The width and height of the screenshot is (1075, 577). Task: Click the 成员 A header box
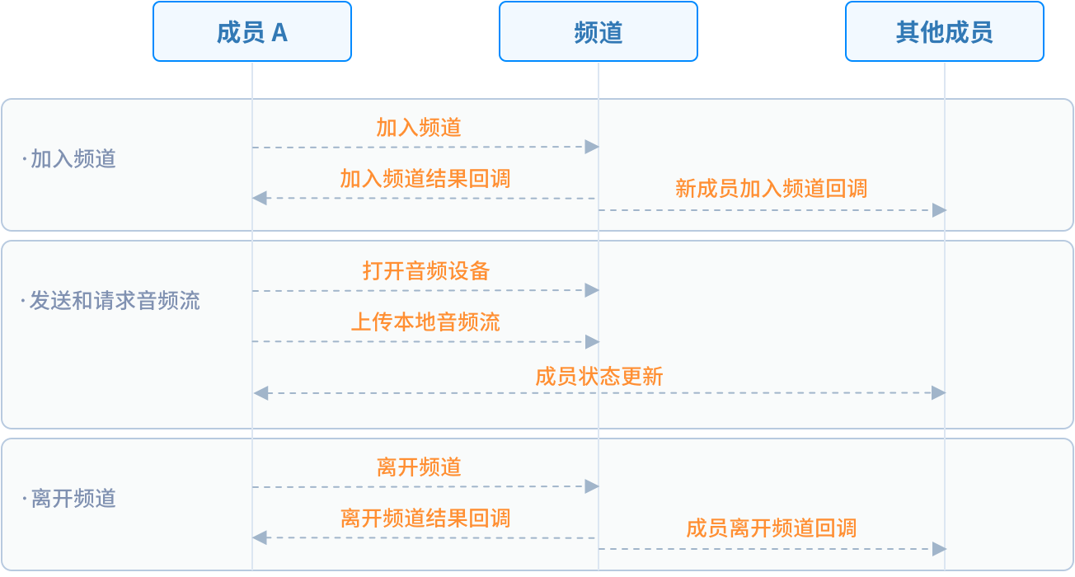click(252, 31)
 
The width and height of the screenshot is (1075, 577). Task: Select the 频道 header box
click(598, 31)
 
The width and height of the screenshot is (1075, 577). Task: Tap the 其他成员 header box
click(945, 31)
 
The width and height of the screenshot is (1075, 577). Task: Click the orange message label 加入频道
click(419, 128)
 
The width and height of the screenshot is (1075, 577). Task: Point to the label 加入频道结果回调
click(425, 179)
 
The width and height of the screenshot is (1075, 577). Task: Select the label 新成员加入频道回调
click(772, 188)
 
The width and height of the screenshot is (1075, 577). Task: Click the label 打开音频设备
click(425, 270)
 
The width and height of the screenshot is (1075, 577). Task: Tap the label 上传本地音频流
click(425, 321)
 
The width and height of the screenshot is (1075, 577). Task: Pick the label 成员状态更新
click(599, 377)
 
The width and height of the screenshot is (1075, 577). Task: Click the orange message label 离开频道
click(419, 467)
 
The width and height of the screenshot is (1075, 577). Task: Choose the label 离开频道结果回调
click(425, 518)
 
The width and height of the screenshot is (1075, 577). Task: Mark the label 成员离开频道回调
click(772, 528)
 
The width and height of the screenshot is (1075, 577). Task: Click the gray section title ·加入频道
click(68, 159)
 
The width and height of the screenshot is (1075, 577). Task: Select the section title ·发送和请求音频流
click(110, 301)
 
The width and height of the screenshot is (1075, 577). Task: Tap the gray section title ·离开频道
click(68, 498)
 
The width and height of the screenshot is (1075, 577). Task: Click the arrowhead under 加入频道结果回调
click(260, 198)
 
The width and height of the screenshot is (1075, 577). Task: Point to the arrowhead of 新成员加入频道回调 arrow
click(939, 210)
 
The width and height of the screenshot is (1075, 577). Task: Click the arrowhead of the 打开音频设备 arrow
click(592, 290)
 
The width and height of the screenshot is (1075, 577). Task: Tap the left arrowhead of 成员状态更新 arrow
click(261, 393)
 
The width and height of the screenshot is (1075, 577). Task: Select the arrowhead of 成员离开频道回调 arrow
click(939, 549)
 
